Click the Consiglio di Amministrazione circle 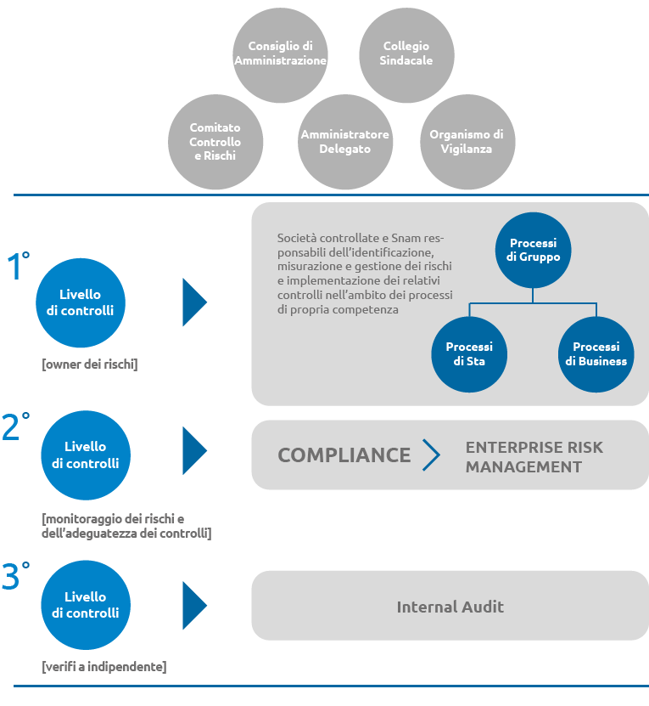click(280, 55)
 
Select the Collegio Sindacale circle click(406, 55)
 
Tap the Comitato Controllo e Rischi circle click(215, 142)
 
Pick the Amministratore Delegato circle click(345, 142)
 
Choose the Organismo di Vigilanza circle click(467, 142)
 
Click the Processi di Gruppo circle click(533, 251)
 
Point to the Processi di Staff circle click(469, 354)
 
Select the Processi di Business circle click(596, 354)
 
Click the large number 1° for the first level click(18, 266)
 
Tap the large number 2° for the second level click(16, 426)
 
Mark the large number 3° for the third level click(16, 575)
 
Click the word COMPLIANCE click(344, 455)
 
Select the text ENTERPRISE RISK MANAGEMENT click(534, 457)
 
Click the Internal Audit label click(450, 607)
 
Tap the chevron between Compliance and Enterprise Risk click(431, 455)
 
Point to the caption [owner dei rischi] click(89, 364)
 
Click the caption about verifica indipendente click(104, 667)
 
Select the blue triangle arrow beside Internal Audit click(194, 606)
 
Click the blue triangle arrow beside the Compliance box click(194, 451)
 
